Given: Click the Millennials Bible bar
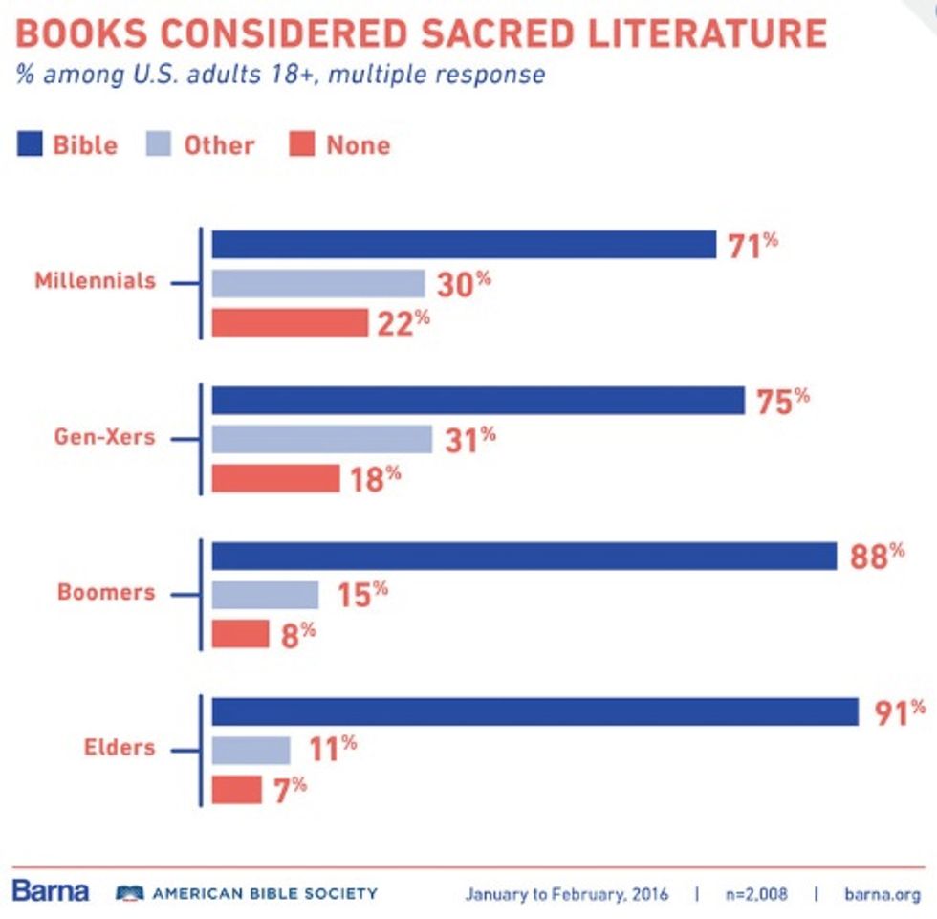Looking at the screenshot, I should [x=464, y=245].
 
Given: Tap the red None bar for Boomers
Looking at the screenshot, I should [x=240, y=633].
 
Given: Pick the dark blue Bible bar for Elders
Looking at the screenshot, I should [x=534, y=711].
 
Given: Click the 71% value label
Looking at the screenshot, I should [x=752, y=245].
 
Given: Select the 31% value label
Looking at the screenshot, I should [x=469, y=439].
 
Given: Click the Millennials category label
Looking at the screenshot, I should [x=95, y=282].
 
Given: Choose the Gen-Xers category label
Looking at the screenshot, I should [x=104, y=438].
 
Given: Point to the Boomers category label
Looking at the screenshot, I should [x=105, y=592].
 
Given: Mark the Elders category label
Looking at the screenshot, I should [x=118, y=748].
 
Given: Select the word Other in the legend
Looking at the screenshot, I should [x=219, y=145].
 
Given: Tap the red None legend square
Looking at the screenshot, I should [x=301, y=144].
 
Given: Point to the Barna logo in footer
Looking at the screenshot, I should [x=51, y=891].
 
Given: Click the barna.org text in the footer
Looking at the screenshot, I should [x=883, y=894].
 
